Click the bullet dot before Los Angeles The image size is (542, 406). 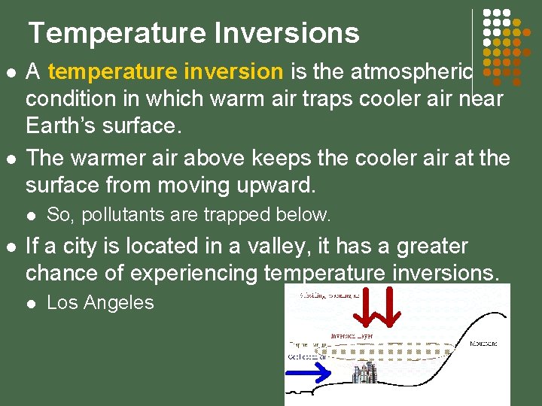(30, 304)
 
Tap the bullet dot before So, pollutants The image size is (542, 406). (30, 216)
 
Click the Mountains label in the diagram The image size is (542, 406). (484, 344)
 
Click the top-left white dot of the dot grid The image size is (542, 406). (487, 14)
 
